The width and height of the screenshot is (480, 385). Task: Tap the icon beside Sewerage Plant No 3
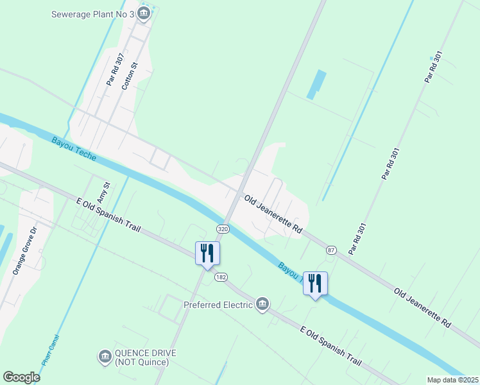click(143, 13)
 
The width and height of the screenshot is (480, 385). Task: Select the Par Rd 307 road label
click(115, 70)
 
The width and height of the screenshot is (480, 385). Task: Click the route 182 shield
click(221, 277)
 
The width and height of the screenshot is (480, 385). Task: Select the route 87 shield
click(331, 250)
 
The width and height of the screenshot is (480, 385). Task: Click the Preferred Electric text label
click(218, 305)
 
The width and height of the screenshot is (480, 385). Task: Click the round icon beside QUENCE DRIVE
click(105, 356)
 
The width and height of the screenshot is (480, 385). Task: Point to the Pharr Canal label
click(51, 350)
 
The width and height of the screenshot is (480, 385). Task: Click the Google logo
click(21, 377)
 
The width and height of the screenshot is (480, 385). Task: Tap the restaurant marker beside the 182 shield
click(207, 252)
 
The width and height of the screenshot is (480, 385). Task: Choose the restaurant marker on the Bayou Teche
click(315, 282)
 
